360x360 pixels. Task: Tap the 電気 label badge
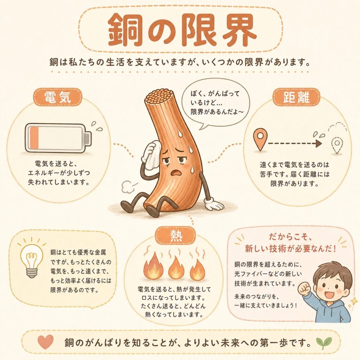tap(58, 97)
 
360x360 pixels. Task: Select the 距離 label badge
tap(296, 97)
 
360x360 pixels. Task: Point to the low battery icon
tap(58, 138)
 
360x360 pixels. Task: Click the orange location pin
tap(260, 139)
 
